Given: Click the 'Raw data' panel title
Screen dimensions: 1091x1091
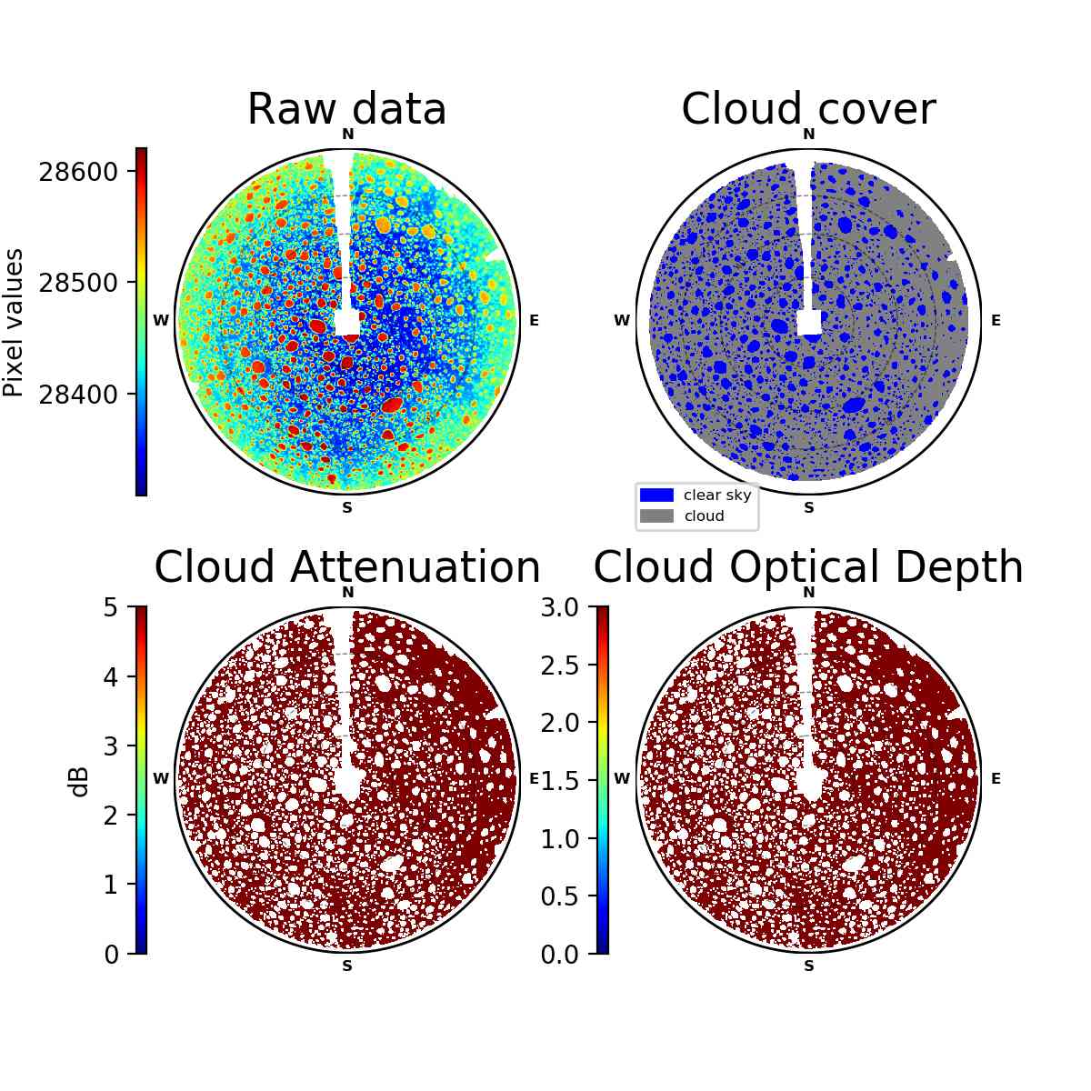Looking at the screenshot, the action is click(x=346, y=109).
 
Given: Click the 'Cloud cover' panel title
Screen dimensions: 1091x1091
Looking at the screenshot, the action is click(x=808, y=109).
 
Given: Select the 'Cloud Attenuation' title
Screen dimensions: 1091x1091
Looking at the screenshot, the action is click(x=347, y=566).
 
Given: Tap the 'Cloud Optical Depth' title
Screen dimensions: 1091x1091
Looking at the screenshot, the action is click(x=808, y=568).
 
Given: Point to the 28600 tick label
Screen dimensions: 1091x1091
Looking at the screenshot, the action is click(x=78, y=172).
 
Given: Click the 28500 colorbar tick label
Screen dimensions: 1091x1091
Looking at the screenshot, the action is click(x=78, y=283).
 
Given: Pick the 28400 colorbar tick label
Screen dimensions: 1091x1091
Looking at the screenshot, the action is click(x=78, y=394).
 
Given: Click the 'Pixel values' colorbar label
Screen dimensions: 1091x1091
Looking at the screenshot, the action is click(x=13, y=323).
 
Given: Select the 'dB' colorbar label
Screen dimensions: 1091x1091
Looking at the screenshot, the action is click(x=80, y=783).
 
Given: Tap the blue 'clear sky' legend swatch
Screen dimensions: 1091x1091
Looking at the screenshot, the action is click(x=656, y=495).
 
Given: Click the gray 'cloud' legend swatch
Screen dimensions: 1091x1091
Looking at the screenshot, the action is click(x=656, y=515).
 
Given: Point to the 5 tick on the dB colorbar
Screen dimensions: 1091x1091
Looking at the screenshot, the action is click(x=111, y=607).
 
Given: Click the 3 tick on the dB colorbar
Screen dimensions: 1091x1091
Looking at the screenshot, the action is click(x=111, y=746).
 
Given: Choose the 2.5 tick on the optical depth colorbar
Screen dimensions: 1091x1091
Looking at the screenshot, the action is click(x=559, y=666).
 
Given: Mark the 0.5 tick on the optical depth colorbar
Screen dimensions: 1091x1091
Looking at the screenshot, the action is click(x=559, y=896).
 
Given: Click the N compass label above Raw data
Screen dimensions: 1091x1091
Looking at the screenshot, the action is click(x=347, y=135).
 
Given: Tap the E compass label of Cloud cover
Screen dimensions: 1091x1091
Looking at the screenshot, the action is click(x=996, y=320).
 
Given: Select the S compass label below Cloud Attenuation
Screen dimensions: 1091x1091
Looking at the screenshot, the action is click(x=347, y=966).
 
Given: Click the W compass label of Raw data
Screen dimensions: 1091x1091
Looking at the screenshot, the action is click(x=161, y=320).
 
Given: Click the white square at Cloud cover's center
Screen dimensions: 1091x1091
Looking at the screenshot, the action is click(x=809, y=323).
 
